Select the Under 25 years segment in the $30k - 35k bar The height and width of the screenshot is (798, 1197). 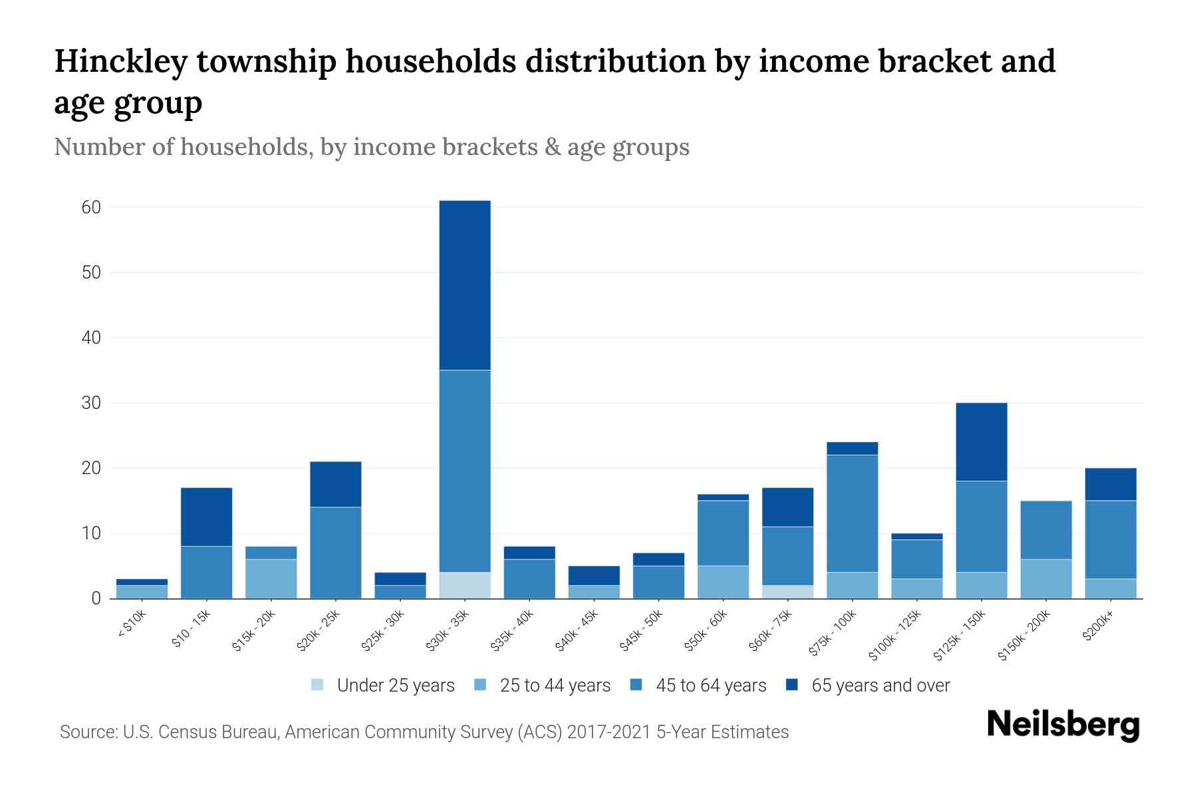tap(465, 585)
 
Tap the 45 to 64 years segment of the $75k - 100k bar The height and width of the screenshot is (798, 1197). tap(853, 513)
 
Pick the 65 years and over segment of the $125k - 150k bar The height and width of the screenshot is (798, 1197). tap(982, 442)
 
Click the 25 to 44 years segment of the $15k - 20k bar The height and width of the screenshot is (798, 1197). tap(271, 579)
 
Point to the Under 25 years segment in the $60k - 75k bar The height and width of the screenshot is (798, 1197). tap(788, 592)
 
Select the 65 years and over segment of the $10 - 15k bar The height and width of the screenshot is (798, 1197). tap(206, 517)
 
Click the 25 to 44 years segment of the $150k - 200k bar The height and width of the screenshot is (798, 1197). tap(1046, 579)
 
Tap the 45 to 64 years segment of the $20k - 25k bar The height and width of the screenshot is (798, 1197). tap(335, 553)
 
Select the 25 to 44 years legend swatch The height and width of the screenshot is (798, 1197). tap(481, 685)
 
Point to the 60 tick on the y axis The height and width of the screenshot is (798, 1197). tap(91, 207)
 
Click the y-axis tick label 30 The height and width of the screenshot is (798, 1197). tap(91, 403)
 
